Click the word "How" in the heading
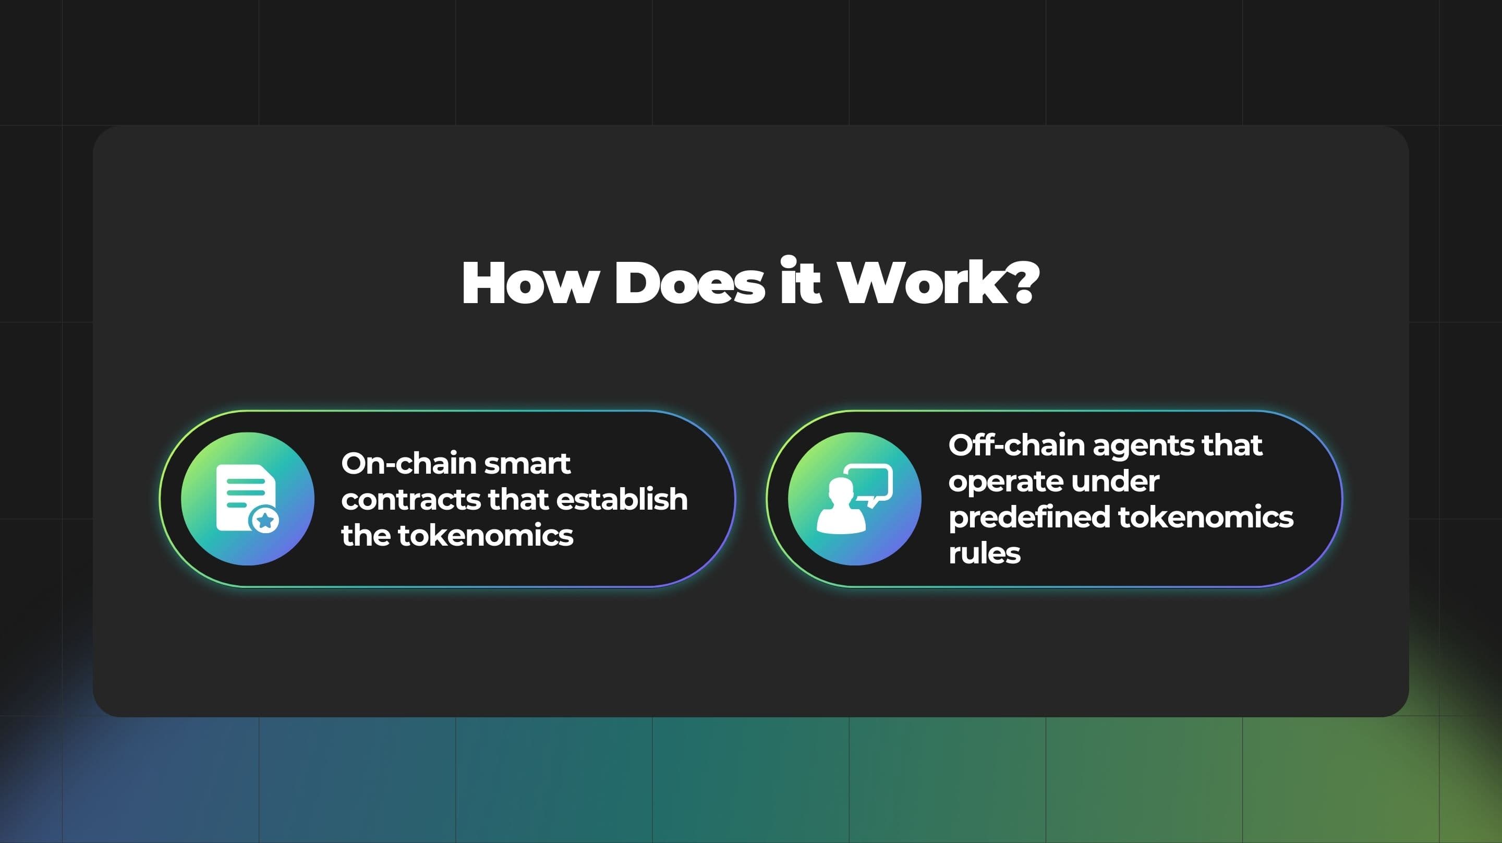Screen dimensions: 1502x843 tap(529, 283)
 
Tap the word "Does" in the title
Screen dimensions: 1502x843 tap(690, 283)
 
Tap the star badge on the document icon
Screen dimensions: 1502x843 tap(265, 520)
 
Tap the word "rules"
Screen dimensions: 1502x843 tap(984, 553)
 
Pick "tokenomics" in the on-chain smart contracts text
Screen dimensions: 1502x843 tap(486, 535)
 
